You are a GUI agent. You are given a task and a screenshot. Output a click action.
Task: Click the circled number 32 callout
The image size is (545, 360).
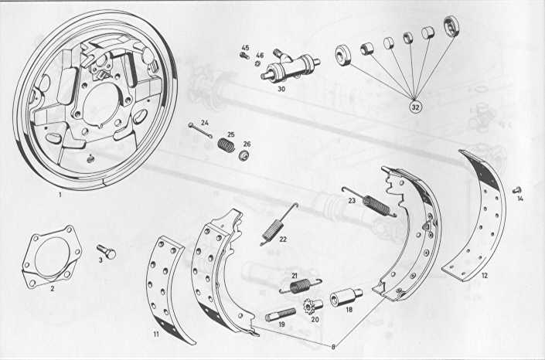(415, 107)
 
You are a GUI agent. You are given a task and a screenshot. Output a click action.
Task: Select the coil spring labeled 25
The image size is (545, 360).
(227, 144)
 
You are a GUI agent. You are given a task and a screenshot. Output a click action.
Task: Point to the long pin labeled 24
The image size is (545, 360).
(200, 130)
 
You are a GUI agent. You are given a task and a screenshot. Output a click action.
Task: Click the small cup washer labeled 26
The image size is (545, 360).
(245, 155)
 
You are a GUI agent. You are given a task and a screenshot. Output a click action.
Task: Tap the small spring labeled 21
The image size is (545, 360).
(300, 286)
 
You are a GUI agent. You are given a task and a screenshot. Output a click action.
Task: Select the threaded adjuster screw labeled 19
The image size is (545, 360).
(280, 315)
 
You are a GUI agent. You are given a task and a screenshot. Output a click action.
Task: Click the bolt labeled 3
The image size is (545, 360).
(106, 251)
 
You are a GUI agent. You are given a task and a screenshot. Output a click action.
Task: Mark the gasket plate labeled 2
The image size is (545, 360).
(52, 256)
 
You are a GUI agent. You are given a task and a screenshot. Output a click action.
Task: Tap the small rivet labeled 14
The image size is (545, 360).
(517, 190)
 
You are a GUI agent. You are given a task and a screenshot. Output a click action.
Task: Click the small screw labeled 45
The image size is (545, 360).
(245, 56)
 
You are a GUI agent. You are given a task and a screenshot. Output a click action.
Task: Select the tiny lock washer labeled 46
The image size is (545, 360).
(258, 63)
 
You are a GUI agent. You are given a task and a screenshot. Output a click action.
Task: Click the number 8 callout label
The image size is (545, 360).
(333, 347)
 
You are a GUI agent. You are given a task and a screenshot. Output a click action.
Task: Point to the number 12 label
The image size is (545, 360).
(485, 275)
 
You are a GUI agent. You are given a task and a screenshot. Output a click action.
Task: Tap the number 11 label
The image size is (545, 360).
(156, 335)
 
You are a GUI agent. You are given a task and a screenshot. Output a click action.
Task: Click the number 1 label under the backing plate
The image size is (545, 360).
(60, 195)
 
